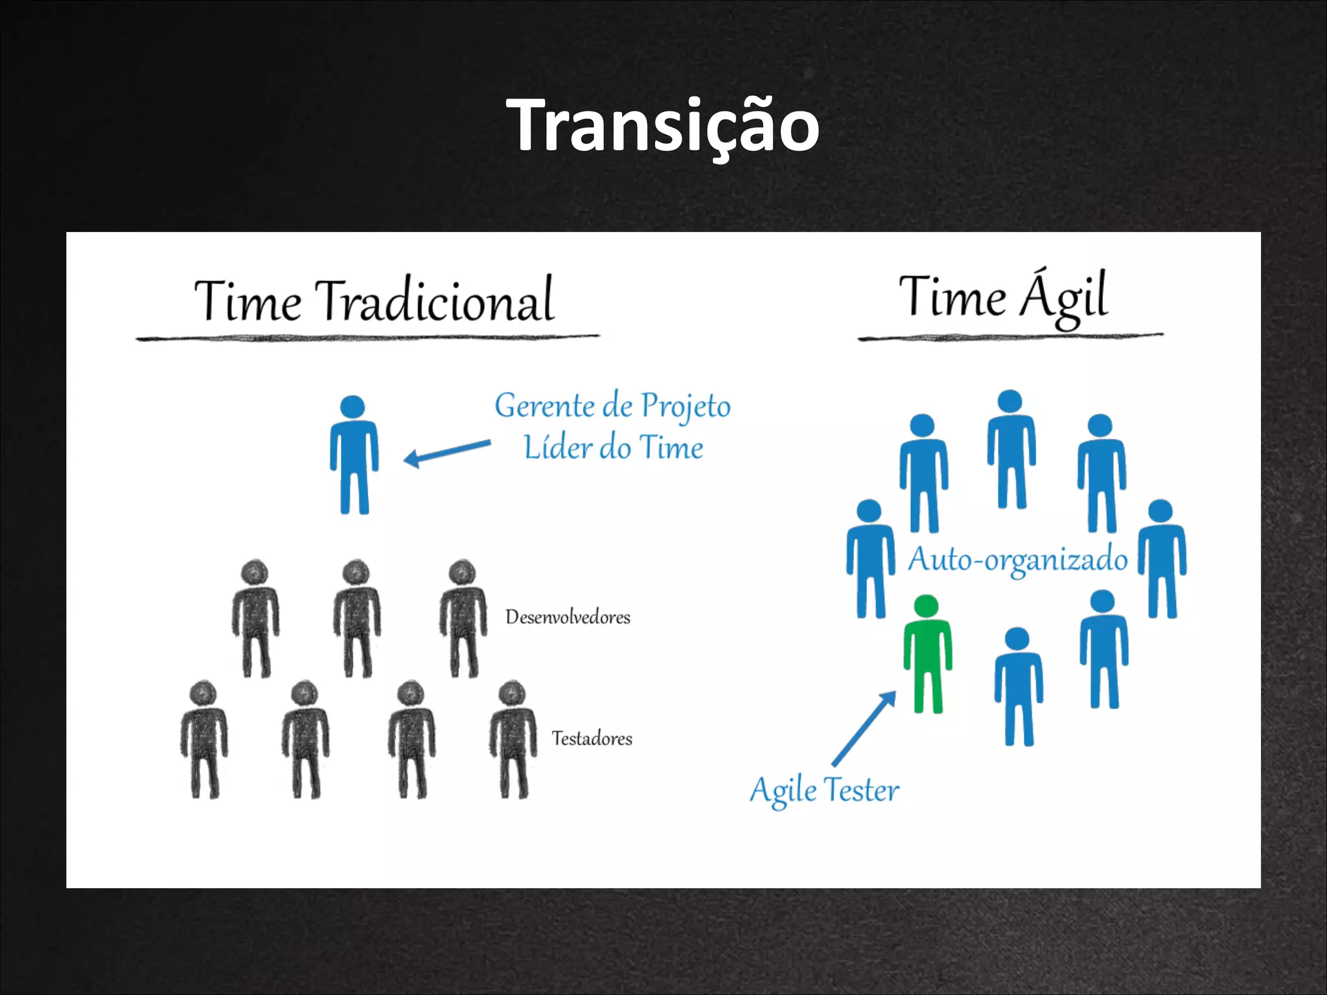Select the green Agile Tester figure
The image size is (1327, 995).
tap(927, 654)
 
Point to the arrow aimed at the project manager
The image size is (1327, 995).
tap(447, 452)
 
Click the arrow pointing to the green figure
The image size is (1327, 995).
tap(864, 728)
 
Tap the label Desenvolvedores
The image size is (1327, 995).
tap(568, 617)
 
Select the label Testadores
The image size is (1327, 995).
tap(592, 738)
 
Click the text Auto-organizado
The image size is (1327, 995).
tap(1017, 560)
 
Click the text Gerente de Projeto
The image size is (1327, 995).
tap(612, 407)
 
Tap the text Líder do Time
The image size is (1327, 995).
tap(613, 448)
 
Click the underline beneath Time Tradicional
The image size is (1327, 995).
tap(367, 337)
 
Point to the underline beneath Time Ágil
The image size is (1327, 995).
tap(1010, 337)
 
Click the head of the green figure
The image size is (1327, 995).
tap(926, 606)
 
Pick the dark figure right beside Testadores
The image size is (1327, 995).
tap(513, 739)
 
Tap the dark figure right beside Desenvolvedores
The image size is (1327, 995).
tap(463, 619)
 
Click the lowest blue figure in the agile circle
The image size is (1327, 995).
tap(1019, 687)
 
